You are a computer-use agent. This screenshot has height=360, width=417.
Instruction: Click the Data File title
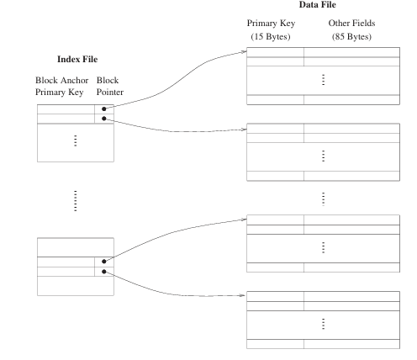(317, 4)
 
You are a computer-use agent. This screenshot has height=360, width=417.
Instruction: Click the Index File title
(77, 59)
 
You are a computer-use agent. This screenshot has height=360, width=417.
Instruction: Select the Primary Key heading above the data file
(271, 24)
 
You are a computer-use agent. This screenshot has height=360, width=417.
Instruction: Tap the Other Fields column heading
(351, 23)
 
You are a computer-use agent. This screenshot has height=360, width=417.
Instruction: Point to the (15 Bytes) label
(271, 36)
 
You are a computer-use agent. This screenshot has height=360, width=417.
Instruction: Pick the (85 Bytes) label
(351, 36)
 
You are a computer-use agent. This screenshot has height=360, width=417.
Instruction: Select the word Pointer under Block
(110, 92)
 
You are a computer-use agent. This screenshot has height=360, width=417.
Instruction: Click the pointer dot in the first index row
(104, 109)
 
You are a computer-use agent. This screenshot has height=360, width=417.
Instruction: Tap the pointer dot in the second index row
(104, 119)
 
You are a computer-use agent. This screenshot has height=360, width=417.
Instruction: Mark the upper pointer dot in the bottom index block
(104, 262)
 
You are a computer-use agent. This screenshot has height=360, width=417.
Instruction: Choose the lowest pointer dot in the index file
(104, 272)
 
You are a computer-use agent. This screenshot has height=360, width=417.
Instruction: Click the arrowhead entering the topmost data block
(245, 51)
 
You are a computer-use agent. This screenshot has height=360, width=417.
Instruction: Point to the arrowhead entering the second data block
(245, 130)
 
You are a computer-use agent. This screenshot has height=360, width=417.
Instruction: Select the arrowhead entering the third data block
(245, 220)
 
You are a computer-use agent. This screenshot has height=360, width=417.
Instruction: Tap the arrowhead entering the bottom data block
(243, 295)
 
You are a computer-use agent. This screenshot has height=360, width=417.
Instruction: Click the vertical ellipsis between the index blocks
(75, 201)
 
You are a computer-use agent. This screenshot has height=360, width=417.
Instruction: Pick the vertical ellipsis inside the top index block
(75, 140)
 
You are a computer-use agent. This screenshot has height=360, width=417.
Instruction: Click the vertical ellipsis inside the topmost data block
(324, 80)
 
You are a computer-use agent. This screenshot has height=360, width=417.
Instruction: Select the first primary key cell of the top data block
(275, 52)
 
